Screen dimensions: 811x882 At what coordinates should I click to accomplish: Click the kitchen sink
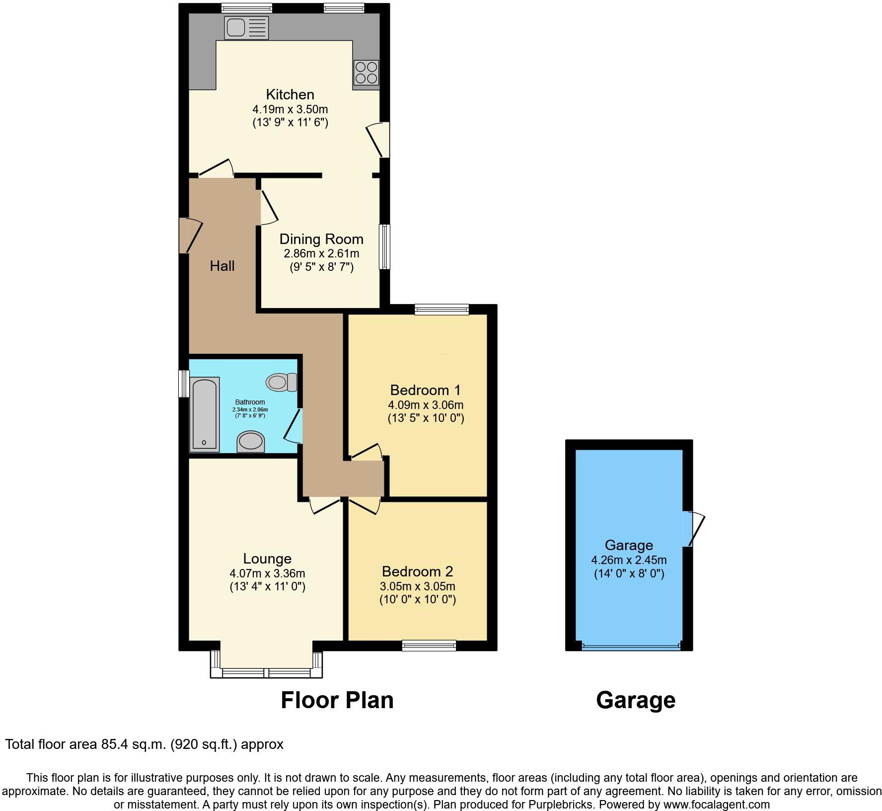(246, 27)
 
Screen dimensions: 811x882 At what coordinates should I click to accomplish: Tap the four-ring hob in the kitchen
(366, 73)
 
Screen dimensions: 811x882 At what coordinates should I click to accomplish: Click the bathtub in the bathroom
(205, 415)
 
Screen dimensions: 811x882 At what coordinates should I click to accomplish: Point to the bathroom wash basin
(250, 441)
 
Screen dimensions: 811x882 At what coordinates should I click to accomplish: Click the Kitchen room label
(290, 94)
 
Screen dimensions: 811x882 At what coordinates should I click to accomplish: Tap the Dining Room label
(321, 239)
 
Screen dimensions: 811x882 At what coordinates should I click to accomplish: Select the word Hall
(222, 266)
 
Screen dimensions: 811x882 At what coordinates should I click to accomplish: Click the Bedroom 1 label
(425, 390)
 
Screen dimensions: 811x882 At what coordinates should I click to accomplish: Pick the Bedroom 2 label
(417, 571)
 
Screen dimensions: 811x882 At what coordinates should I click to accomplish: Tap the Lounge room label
(267, 559)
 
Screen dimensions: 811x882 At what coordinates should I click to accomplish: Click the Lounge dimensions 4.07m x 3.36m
(267, 573)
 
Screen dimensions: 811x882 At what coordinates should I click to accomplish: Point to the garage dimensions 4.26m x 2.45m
(629, 560)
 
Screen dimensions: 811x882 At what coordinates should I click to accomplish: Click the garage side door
(693, 529)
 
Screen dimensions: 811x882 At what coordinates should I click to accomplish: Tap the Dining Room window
(384, 247)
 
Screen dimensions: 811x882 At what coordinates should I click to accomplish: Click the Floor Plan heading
(337, 700)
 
